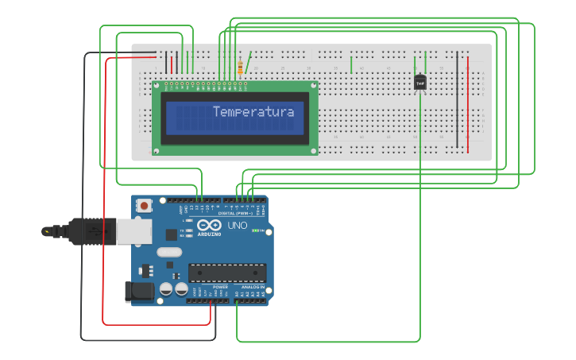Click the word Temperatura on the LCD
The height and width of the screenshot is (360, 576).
pos(253,112)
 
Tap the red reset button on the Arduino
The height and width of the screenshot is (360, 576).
pos(145,206)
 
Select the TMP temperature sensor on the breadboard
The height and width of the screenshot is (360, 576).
pos(420,81)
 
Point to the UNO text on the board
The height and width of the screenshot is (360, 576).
pos(238,226)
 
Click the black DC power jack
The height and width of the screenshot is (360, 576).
pos(140,291)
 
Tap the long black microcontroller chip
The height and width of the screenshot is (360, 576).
pos(226,273)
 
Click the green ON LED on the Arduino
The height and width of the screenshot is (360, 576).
pos(255,231)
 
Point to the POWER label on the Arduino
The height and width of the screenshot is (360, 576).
pos(209,287)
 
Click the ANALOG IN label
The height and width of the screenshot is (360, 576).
pos(253,287)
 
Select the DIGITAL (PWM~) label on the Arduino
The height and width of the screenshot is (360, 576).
pos(237,213)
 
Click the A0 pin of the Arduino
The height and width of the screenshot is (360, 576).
pos(237,300)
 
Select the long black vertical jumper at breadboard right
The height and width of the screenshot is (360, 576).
pos(457,99)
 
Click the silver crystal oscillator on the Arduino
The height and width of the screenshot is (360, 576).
pos(169,253)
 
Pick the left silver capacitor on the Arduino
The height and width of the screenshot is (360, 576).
pos(167,289)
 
